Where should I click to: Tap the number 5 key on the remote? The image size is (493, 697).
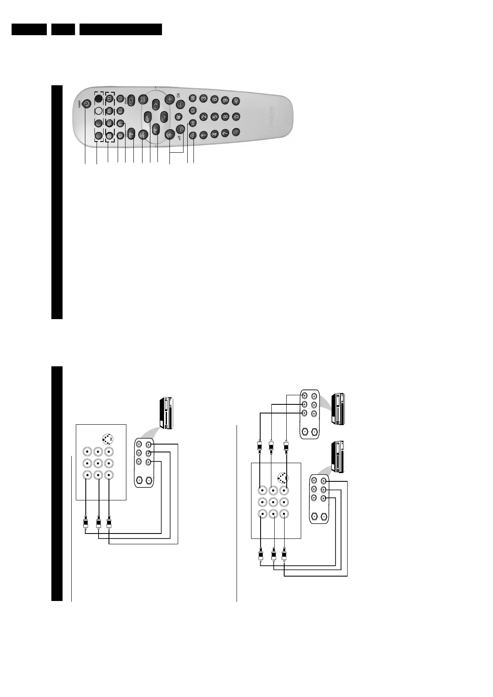[214, 117]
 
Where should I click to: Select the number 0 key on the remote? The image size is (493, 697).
[236, 117]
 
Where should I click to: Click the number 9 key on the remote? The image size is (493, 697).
[225, 100]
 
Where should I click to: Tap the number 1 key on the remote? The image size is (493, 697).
[203, 135]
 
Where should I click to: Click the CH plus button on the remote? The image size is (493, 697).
[170, 99]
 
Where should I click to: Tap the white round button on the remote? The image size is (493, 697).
[98, 111]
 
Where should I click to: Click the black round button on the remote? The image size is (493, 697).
[98, 99]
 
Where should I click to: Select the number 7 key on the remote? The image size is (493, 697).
[225, 133]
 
